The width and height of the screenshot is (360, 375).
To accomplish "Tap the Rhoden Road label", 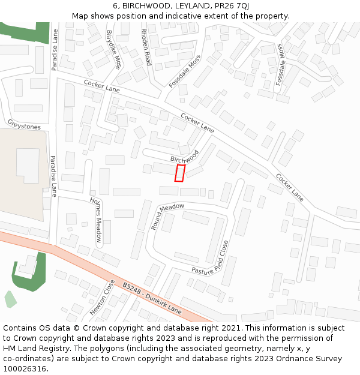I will pyautogui.click(x=146, y=47).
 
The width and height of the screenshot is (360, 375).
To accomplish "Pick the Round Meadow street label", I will pyautogui.click(x=167, y=214).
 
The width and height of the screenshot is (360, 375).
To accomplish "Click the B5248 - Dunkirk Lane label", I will pyautogui.click(x=151, y=298).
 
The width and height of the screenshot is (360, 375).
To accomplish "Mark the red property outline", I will pyautogui.click(x=179, y=173).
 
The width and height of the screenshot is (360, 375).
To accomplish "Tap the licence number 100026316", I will pyautogui.click(x=25, y=368).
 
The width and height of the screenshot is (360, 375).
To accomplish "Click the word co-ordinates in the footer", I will pyautogui.click(x=26, y=358).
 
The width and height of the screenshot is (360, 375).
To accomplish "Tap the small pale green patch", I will pyautogui.click(x=10, y=299).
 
